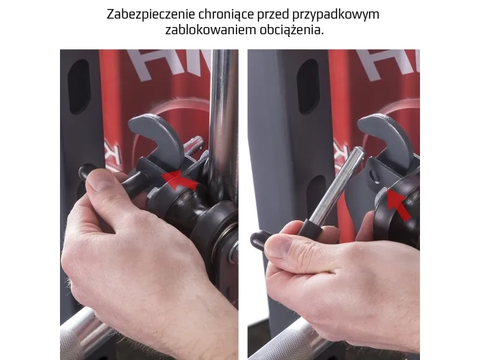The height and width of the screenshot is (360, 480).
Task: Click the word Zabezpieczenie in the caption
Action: pos(151,14)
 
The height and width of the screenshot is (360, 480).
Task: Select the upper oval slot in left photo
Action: pos(79,86)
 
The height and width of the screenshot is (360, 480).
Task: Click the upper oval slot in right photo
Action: pos(308,86)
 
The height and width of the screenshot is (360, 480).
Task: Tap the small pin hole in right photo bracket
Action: pos(373,175)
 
